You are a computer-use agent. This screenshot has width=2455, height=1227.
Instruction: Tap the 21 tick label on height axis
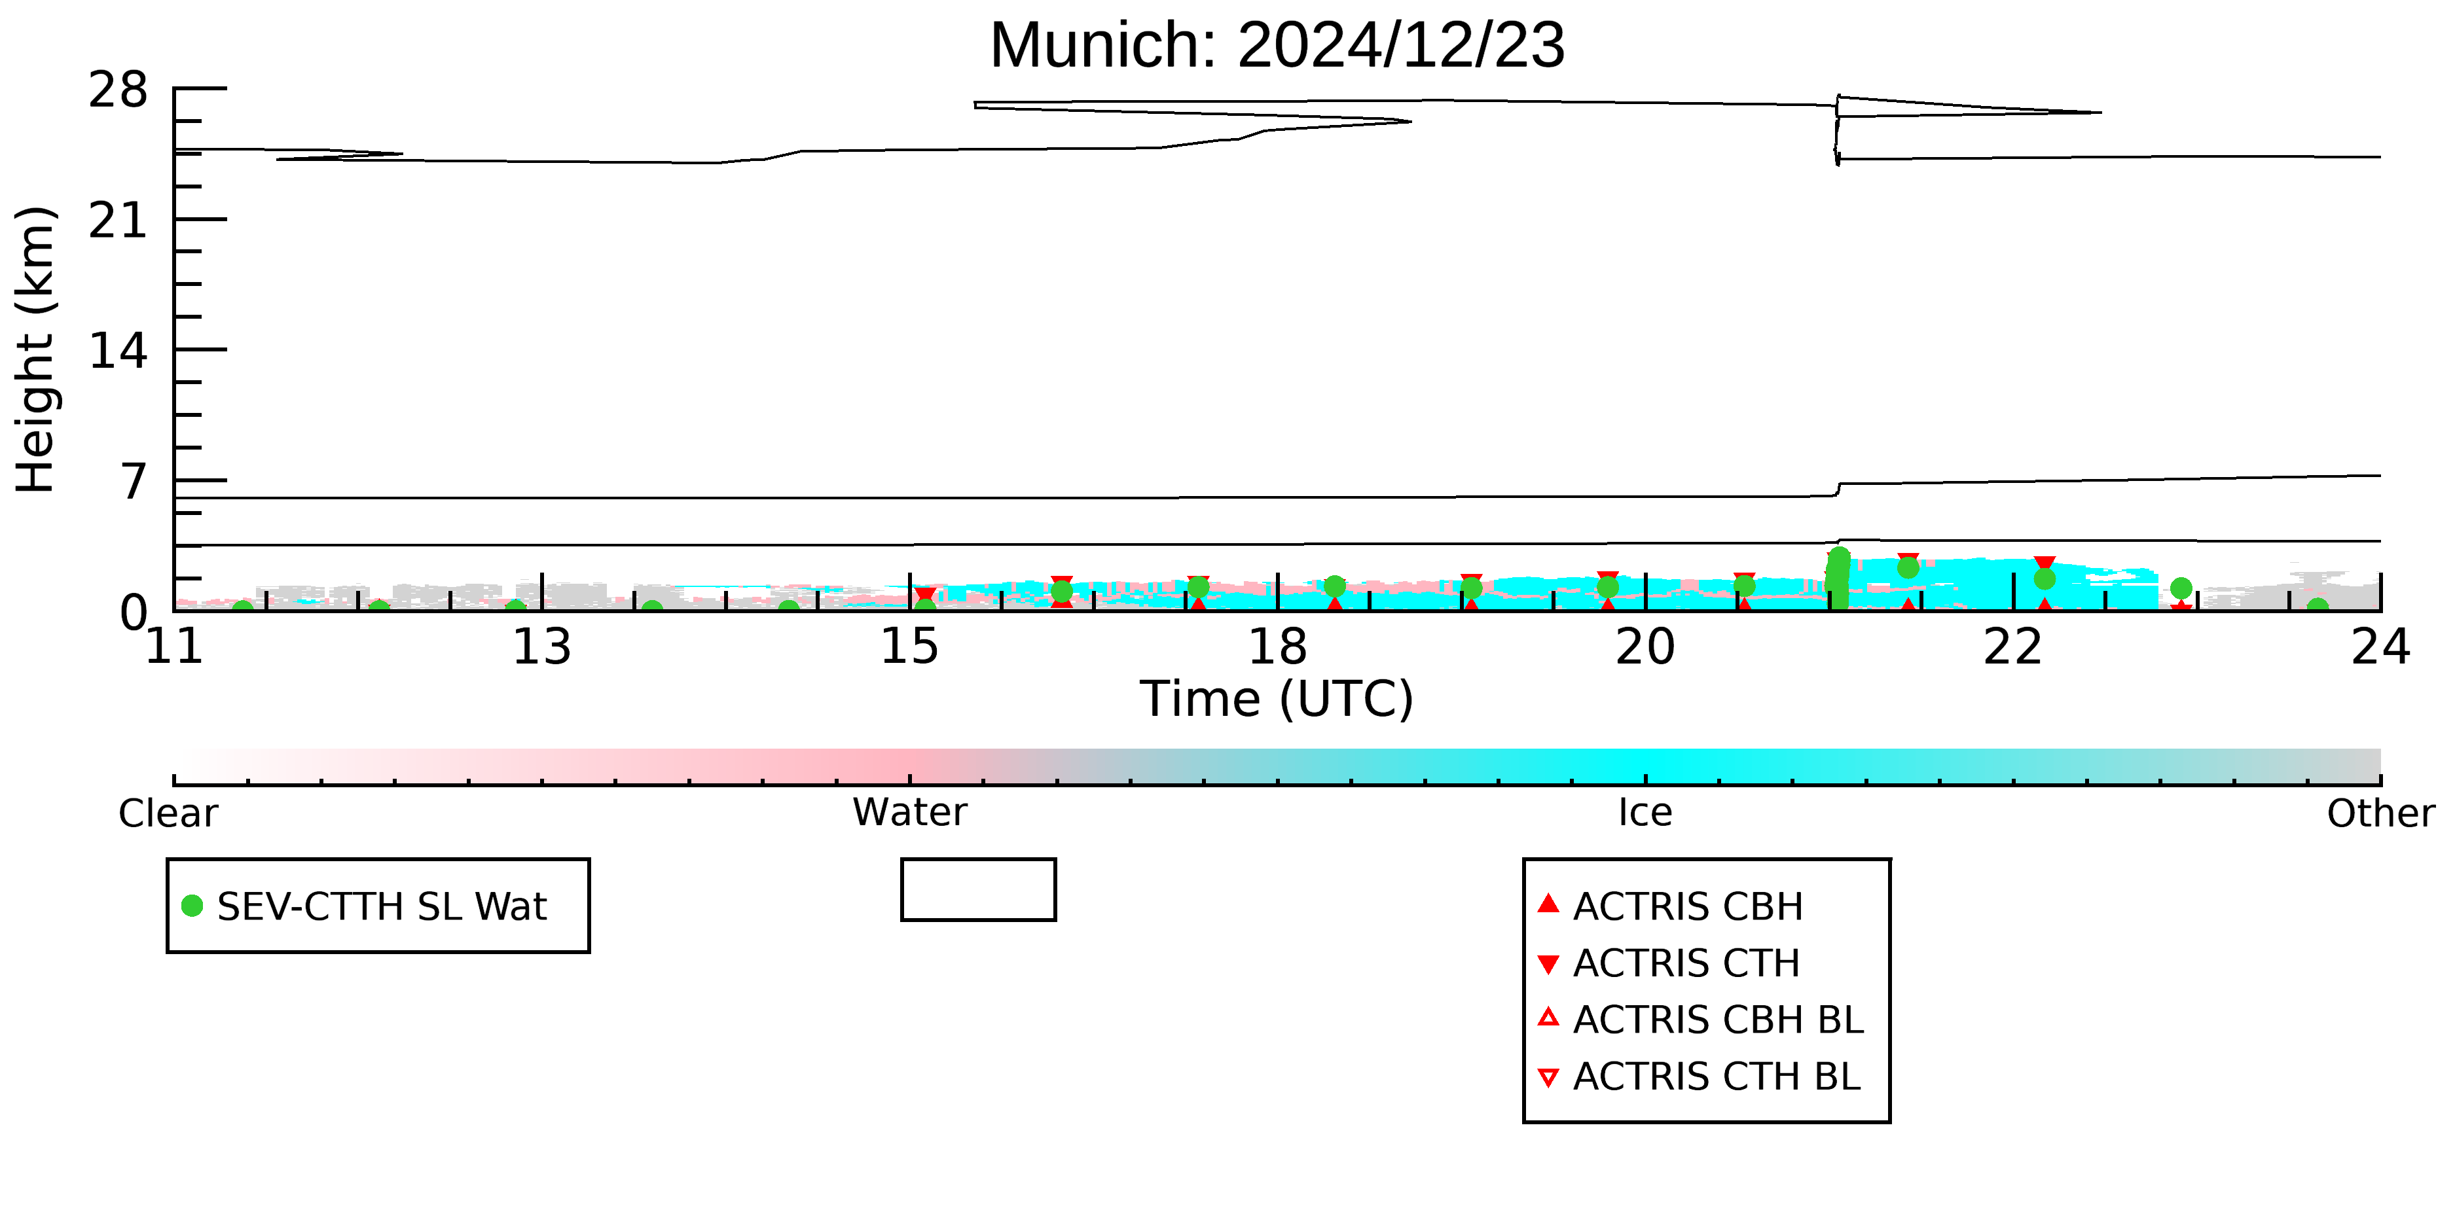coord(118,221)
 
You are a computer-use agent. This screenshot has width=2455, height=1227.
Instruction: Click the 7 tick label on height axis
coord(134,482)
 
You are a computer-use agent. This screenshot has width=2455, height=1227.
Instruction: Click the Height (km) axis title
coord(35,349)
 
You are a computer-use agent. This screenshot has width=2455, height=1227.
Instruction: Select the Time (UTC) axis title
coord(1277,700)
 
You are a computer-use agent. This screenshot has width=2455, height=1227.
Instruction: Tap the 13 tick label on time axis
coord(541,648)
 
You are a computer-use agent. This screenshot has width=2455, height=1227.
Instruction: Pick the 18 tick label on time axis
coord(1277,648)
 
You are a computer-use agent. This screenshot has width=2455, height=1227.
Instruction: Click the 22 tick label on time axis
coord(2013,648)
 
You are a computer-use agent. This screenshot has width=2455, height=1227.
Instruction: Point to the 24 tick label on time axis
coord(2380,648)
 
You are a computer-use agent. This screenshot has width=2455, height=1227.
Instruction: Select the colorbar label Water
coord(910,813)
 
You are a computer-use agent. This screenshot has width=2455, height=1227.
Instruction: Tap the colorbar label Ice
coord(1645,813)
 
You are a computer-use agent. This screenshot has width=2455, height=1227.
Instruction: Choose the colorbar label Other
coord(2380,813)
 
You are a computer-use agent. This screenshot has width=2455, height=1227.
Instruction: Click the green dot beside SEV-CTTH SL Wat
coord(192,906)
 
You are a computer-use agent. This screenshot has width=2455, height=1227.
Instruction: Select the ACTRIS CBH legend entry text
coord(1688,907)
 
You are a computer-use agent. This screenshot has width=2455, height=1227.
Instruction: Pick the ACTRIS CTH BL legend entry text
coord(1717,1076)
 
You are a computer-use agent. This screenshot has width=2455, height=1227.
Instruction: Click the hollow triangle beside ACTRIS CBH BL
coord(1549,1018)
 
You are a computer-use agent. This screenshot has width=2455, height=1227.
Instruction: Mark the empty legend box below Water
coord(978,861)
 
